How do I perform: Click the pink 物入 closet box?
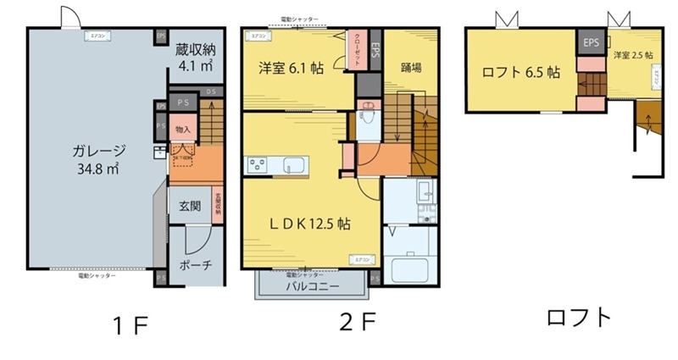click(182, 130)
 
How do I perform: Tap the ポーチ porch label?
click(196, 265)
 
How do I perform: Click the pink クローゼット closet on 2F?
click(358, 50)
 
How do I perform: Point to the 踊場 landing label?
click(413, 67)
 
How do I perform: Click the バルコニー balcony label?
click(313, 287)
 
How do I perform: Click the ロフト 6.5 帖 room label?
click(520, 72)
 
